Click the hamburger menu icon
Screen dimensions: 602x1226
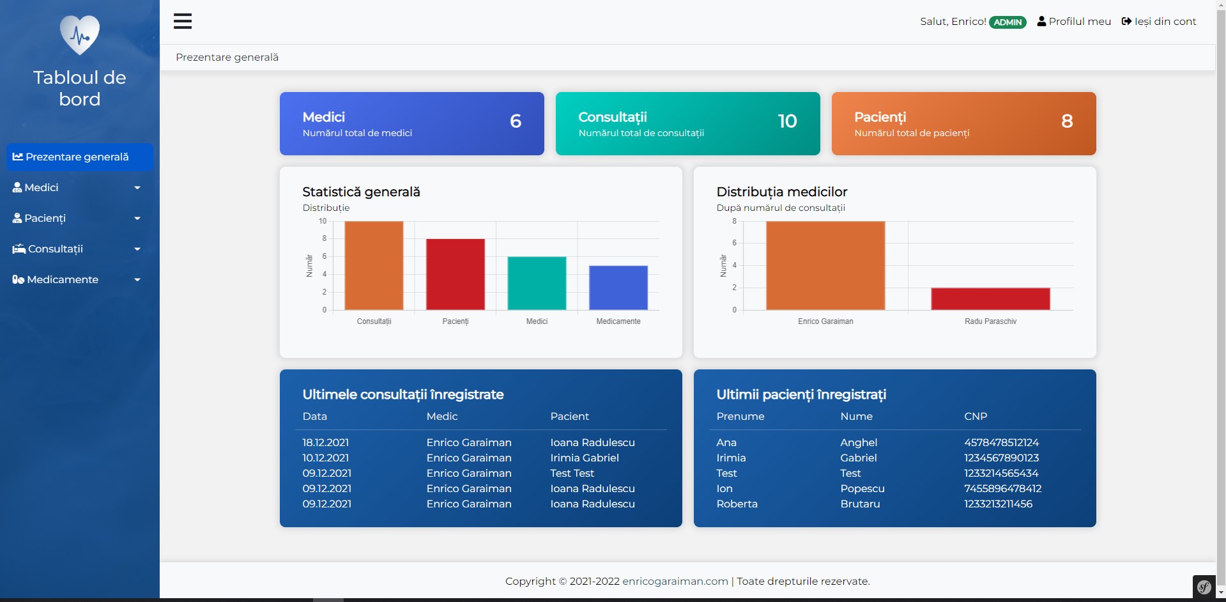[183, 21]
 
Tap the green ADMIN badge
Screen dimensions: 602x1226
[1008, 22]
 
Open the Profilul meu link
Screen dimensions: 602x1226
[1074, 22]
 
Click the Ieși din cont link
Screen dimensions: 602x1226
[1159, 22]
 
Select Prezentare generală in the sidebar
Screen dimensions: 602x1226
[71, 157]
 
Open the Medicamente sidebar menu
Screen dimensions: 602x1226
[63, 280]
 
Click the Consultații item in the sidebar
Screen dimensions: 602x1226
[56, 249]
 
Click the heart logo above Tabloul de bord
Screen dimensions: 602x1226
[80, 35]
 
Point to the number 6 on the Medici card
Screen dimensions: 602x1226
[516, 121]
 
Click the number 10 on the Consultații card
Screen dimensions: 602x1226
[787, 121]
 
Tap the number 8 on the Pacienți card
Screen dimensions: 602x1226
[1067, 121]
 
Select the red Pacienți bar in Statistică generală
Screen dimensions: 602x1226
[456, 274]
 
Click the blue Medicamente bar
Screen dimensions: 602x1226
[618, 288]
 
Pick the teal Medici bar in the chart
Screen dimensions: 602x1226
[537, 283]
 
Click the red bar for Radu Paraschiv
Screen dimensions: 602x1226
[990, 299]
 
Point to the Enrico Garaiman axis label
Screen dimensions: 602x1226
[825, 321]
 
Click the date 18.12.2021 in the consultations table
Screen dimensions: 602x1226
[326, 443]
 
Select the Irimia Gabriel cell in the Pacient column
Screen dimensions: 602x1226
[585, 458]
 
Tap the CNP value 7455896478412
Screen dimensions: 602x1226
[1002, 489]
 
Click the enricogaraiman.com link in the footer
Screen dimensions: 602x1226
[675, 582]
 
